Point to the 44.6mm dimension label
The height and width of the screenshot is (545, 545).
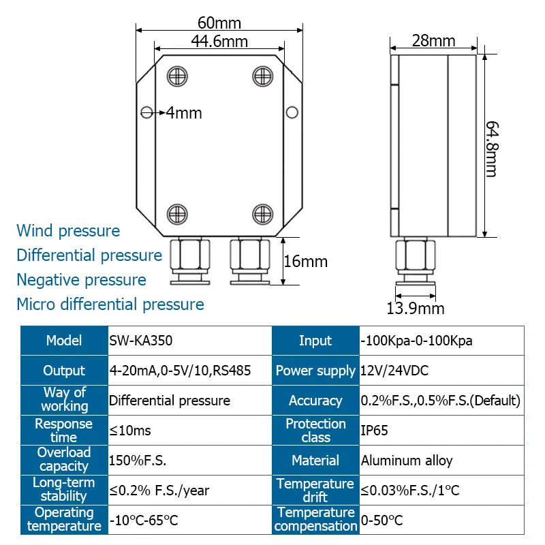tap(219, 42)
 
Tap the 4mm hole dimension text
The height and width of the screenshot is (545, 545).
tap(184, 113)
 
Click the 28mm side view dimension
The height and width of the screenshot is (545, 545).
tap(433, 41)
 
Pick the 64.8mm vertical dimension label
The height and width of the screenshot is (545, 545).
tap(491, 149)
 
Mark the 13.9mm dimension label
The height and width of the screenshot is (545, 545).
tap(416, 309)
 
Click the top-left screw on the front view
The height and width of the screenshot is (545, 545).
tap(176, 75)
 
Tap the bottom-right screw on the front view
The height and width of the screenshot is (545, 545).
tap(262, 213)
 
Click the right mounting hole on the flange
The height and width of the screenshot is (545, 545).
tap(292, 112)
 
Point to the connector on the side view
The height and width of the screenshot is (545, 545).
tap(416, 261)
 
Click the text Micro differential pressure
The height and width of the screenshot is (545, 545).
tap(110, 305)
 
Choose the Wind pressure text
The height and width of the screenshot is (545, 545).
tap(68, 231)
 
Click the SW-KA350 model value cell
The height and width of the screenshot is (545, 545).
tap(189, 341)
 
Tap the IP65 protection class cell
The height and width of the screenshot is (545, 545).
tap(441, 431)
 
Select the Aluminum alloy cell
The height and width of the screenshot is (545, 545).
tap(441, 461)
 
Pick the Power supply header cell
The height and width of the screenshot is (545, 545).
tap(315, 371)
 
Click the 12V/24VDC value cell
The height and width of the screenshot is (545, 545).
tap(441, 371)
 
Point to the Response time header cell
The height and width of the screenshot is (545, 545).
tap(64, 431)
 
